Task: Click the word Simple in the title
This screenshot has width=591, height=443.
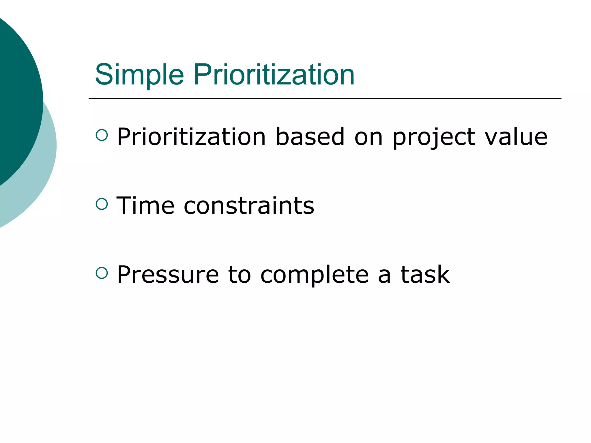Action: (139, 75)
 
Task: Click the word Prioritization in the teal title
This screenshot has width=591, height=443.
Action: (274, 75)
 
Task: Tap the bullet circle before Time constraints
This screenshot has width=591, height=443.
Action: (102, 204)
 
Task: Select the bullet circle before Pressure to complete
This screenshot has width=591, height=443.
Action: (102, 273)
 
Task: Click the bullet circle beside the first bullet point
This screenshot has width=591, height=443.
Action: (102, 135)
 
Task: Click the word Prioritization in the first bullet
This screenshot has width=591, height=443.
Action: (191, 137)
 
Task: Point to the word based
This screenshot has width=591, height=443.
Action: (310, 137)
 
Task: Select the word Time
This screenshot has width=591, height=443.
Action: (145, 206)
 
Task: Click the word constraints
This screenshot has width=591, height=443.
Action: (249, 206)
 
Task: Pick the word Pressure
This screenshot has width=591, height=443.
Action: (168, 275)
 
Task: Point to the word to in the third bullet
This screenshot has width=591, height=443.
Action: (239, 275)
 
